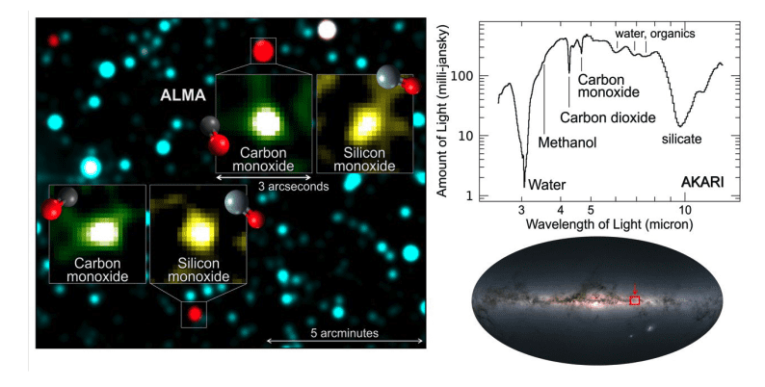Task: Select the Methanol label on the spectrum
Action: [567, 142]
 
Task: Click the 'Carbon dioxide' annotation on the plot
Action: [608, 117]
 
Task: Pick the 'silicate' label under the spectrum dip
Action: [681, 140]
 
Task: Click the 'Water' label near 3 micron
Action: [546, 183]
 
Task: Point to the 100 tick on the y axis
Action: [472, 76]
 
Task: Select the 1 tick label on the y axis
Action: [479, 195]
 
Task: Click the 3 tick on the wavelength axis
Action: [521, 209]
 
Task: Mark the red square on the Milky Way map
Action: [635, 300]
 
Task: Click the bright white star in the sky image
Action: [329, 29]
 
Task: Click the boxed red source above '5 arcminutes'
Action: [194, 314]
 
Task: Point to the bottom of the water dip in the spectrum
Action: [524, 185]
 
